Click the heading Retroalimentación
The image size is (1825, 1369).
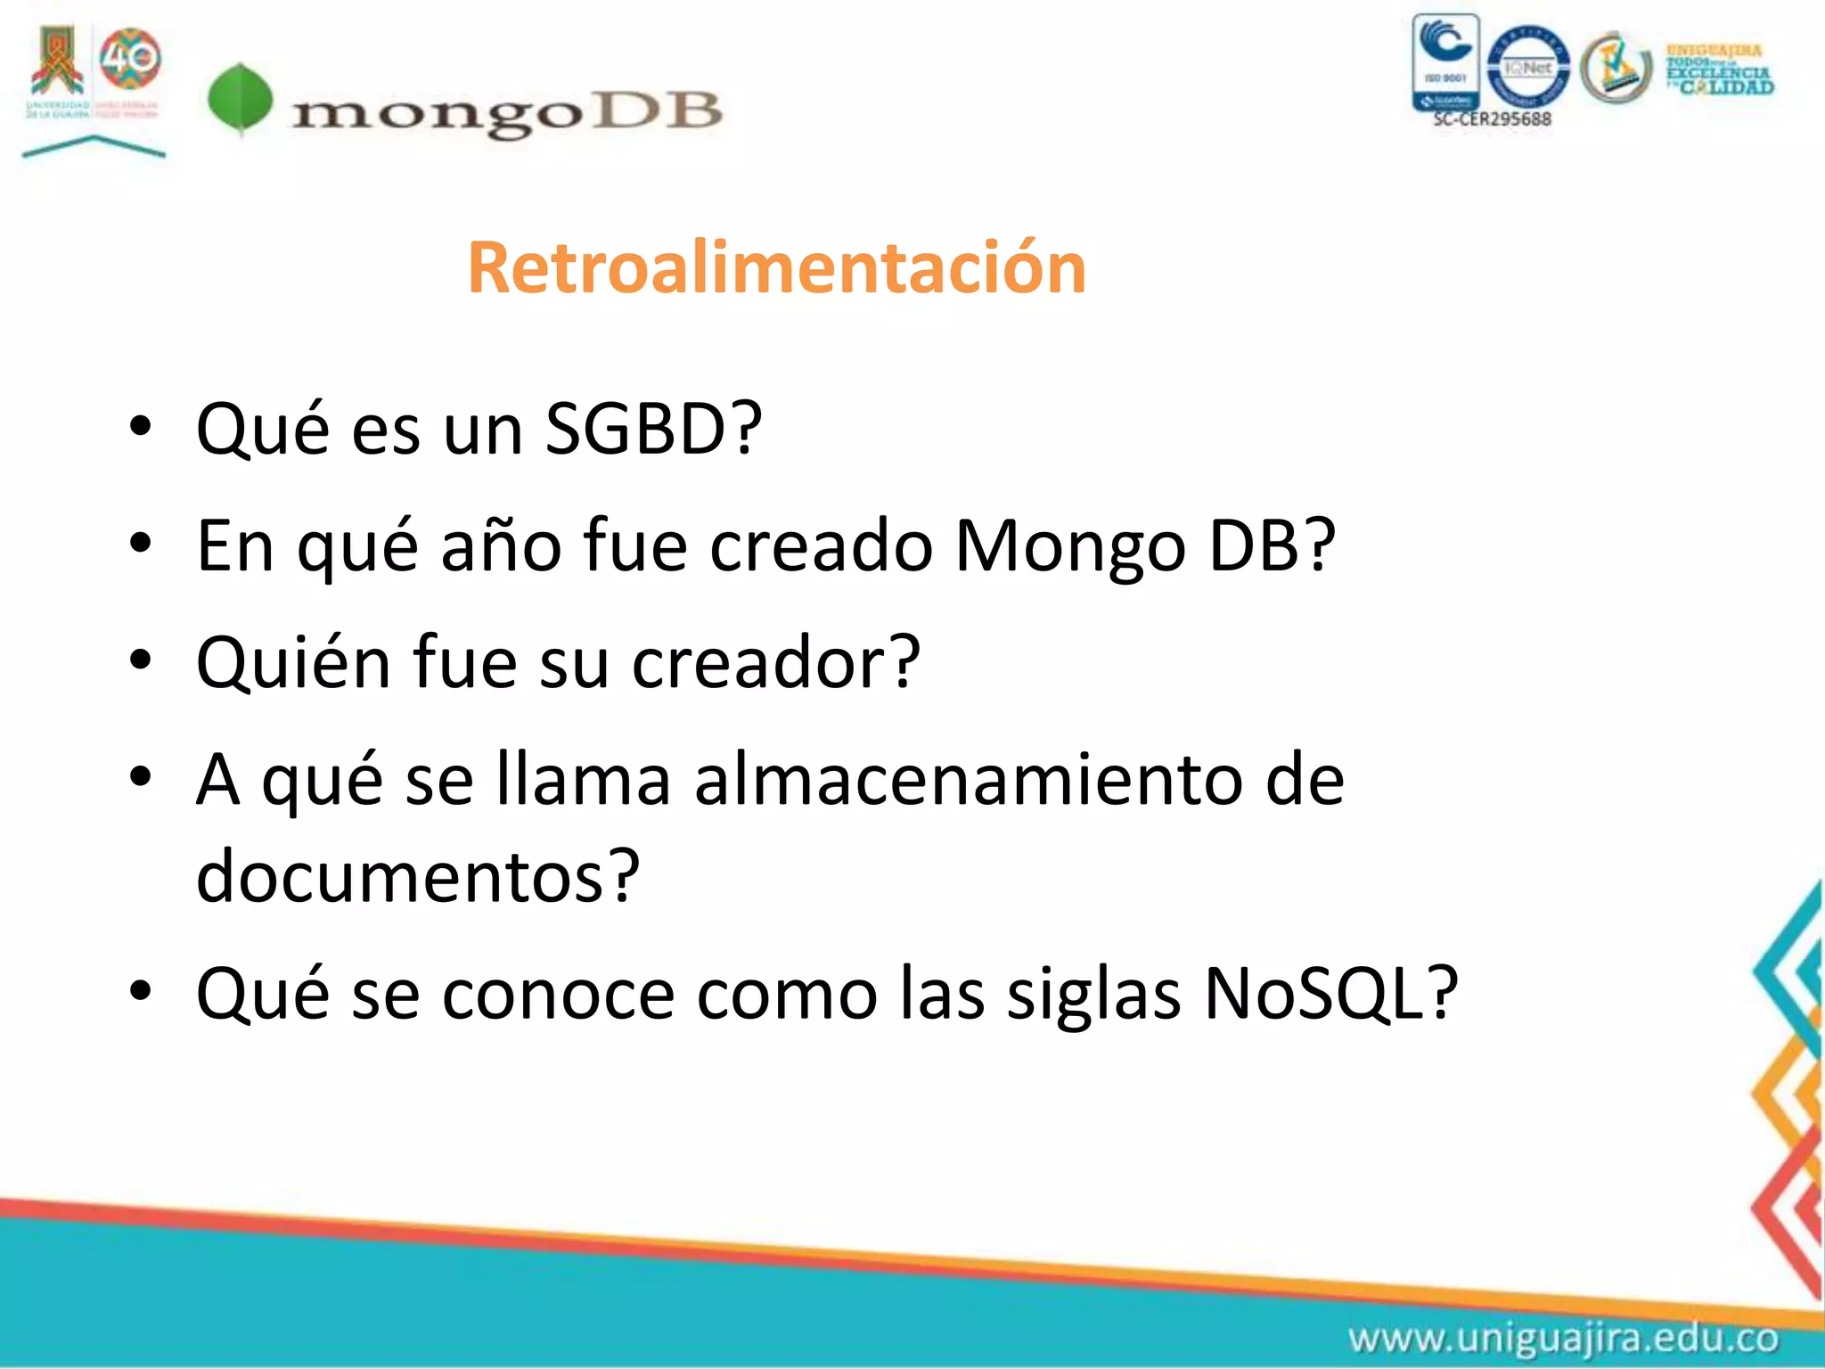tap(776, 267)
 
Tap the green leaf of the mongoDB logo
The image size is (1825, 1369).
tap(240, 99)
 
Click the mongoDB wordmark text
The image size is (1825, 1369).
tap(506, 113)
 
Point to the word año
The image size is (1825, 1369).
tap(501, 545)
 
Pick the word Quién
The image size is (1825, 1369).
tap(294, 663)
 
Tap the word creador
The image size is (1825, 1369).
tap(775, 663)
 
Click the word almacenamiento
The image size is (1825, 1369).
tap(968, 780)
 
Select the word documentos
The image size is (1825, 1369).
tap(417, 876)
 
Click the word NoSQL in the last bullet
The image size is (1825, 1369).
tap(1330, 993)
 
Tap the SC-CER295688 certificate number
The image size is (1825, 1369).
tap(1492, 119)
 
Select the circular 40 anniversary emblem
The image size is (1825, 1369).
tap(130, 59)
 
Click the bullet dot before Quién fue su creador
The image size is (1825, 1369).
tap(141, 660)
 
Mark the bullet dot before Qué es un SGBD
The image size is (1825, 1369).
tap(141, 427)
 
